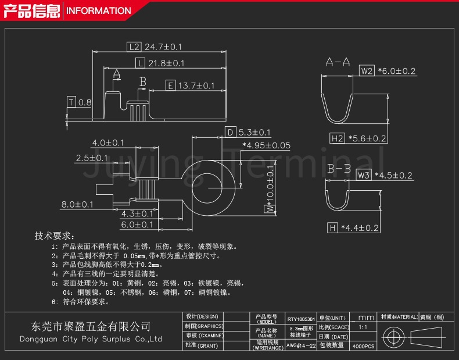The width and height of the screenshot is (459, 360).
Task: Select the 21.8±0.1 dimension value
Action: [166, 63]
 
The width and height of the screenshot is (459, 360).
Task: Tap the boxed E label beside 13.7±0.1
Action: [170, 86]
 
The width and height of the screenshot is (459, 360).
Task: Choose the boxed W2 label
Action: [366, 71]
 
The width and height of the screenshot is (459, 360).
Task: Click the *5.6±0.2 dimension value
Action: [367, 138]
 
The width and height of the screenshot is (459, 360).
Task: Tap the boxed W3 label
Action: [364, 175]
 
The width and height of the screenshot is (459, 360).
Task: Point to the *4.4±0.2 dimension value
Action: [360, 228]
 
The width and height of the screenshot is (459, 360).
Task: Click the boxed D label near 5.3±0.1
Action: [230, 132]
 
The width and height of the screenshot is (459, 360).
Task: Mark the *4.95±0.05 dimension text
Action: [266, 145]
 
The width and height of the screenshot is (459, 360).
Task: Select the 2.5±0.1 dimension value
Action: [91, 158]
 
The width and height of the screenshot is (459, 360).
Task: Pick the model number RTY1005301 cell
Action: [300, 319]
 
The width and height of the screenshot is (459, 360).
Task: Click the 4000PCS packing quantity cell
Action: [364, 345]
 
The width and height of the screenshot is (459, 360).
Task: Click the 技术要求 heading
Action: [54, 236]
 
